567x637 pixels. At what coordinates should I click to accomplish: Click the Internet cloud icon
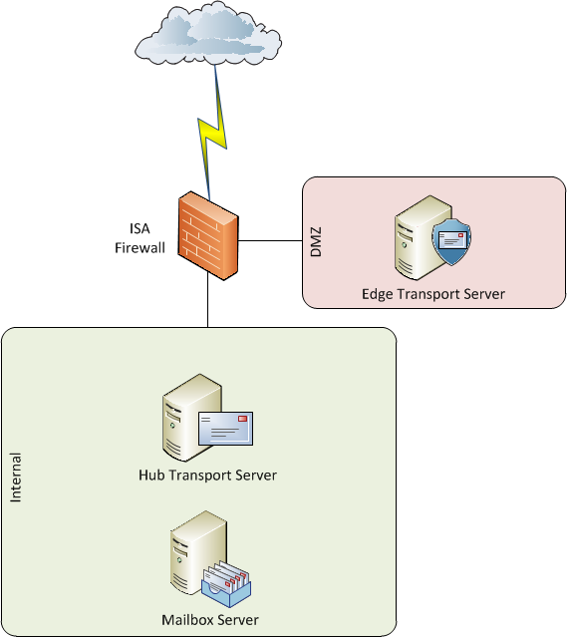pyautogui.click(x=208, y=33)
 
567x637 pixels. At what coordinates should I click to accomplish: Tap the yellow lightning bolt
pyautogui.click(x=212, y=134)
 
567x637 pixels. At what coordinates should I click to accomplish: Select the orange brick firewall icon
pyautogui.click(x=208, y=235)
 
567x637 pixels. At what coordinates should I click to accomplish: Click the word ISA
pyautogui.click(x=140, y=228)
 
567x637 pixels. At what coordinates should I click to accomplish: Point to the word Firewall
pyautogui.click(x=140, y=248)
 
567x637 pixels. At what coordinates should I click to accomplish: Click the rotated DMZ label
pyautogui.click(x=316, y=242)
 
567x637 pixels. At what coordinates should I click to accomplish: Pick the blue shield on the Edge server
pyautogui.click(x=451, y=242)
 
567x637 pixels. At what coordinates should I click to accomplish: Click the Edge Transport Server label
pyautogui.click(x=432, y=294)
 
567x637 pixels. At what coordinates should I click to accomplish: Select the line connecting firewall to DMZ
pyautogui.click(x=270, y=241)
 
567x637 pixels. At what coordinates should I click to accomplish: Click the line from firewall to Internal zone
pyautogui.click(x=208, y=299)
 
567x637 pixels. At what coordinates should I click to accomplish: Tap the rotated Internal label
pyautogui.click(x=15, y=478)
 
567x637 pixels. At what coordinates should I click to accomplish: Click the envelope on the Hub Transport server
pyautogui.click(x=225, y=429)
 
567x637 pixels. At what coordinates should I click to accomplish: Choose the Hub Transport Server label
pyautogui.click(x=207, y=476)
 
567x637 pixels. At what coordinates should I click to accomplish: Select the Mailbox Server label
pyautogui.click(x=210, y=620)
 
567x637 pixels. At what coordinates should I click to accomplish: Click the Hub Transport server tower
pyautogui.click(x=190, y=418)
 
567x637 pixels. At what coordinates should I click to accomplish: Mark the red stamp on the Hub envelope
pyautogui.click(x=242, y=419)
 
